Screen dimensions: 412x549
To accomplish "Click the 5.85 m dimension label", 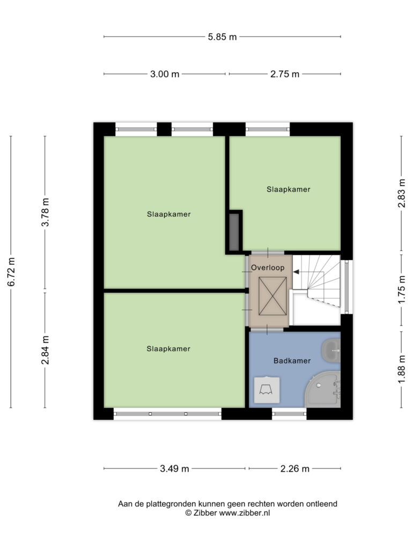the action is tap(222, 37).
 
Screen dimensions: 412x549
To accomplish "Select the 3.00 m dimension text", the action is tap(165, 74).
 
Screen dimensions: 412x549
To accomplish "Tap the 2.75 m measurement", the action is tap(285, 74).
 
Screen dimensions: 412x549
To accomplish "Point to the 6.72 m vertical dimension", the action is tap(11, 272).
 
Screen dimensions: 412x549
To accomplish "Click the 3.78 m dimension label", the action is tap(45, 212).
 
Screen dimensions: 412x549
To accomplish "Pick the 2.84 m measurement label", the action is tap(45, 350).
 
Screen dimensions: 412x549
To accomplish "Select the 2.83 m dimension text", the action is tap(402, 193).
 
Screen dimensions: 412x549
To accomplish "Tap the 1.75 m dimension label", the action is tap(402, 289).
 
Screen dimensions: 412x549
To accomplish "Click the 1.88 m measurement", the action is tap(402, 369).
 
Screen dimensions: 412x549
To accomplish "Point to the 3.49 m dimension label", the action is tap(174, 469).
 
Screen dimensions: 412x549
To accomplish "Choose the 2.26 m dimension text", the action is tap(295, 469).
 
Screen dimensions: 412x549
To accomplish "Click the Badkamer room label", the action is tap(292, 361).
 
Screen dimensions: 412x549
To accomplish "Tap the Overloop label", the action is tap(268, 268).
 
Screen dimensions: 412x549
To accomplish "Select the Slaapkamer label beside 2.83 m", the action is tap(288, 189).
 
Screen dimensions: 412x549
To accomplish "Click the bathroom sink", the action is tap(331, 351).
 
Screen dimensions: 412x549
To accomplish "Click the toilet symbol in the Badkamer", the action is tap(267, 390).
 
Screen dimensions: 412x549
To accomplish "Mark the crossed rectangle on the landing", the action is tap(272, 296).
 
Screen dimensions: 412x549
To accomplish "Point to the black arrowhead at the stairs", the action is tap(296, 272).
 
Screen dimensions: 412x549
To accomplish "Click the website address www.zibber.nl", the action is tap(245, 513).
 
